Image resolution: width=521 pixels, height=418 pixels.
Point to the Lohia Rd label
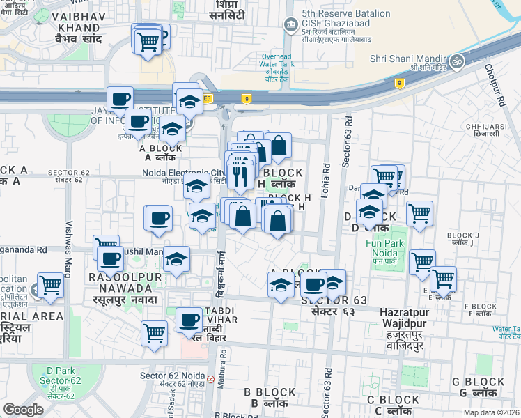[325, 180]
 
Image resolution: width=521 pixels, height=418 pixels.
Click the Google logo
[23, 410]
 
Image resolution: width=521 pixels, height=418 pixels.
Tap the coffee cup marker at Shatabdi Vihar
[189, 320]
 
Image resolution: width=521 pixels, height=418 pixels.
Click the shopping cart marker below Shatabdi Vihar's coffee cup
[155, 333]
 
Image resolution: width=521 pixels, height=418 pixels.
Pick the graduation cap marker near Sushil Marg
[177, 259]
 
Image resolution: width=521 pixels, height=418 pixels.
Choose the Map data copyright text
[492, 412]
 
